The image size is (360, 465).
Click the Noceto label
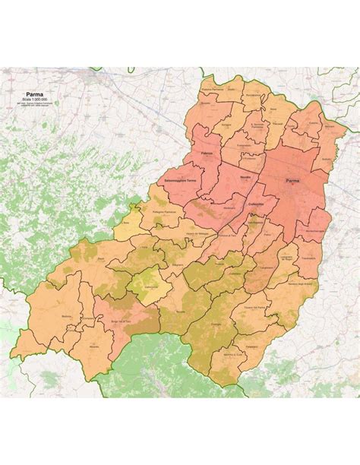pyautogui.click(x=244, y=176)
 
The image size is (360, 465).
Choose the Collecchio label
pyautogui.click(x=255, y=204)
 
